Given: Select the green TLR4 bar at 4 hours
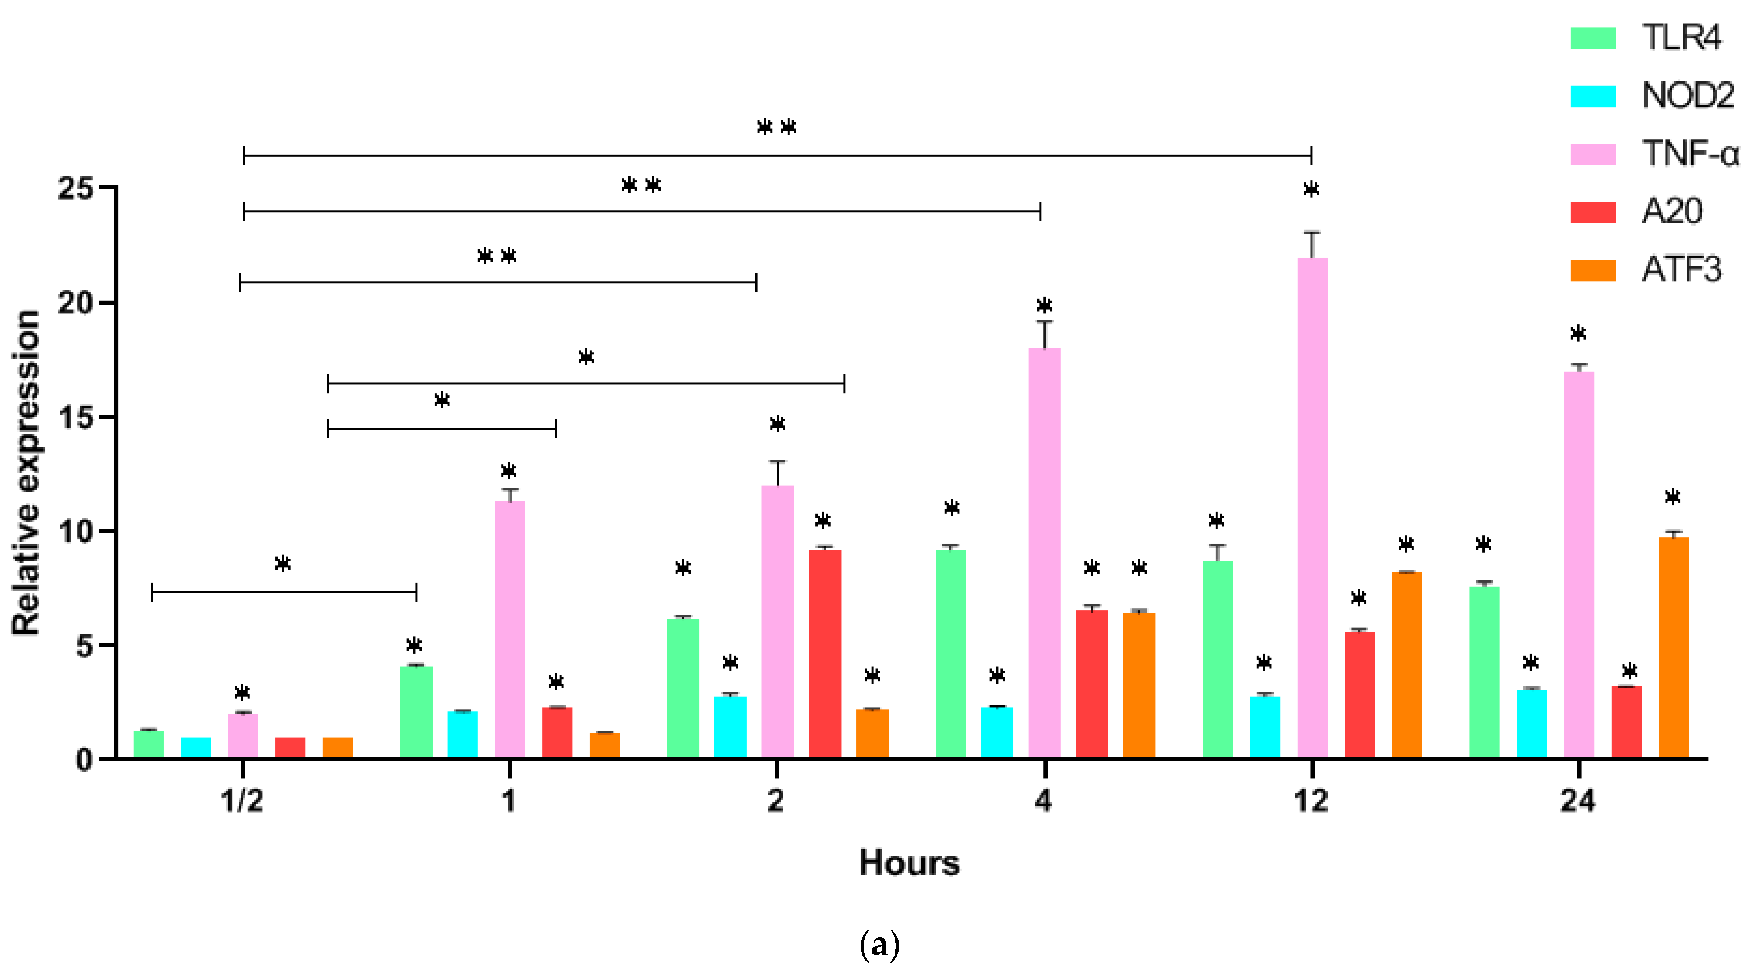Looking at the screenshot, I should point(951,654).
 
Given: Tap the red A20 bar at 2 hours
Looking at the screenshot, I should point(825,654).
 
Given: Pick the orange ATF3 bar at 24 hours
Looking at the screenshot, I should point(1673,647).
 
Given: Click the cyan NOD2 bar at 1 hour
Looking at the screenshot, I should point(463,734).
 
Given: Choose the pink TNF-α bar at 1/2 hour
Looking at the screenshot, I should point(243,735).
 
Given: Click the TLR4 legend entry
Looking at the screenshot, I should point(1680,37).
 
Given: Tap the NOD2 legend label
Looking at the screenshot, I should point(1688,95).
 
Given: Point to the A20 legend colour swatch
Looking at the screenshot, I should point(1593,212).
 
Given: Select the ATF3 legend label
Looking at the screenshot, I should point(1681,270).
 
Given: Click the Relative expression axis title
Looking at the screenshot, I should point(26,473).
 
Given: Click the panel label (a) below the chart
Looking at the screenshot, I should point(879,945).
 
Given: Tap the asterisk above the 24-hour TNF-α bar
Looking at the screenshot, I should point(1578,334).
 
